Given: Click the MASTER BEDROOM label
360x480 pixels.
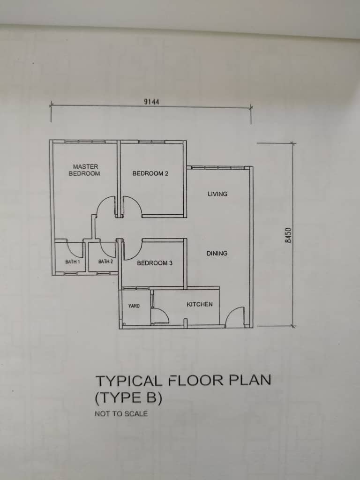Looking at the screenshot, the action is [x=84, y=170].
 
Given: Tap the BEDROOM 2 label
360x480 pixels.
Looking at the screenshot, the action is [x=150, y=173].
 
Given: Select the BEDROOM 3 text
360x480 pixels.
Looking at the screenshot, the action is [x=155, y=263].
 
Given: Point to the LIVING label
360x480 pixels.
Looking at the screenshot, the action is [x=217, y=194].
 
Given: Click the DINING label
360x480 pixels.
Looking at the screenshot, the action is [x=217, y=254].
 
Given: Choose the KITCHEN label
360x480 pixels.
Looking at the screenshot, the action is [x=200, y=304].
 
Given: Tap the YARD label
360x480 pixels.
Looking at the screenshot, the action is [x=134, y=306].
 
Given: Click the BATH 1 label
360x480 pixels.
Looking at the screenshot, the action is [x=73, y=262].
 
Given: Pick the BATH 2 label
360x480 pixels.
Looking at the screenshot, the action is [x=105, y=262].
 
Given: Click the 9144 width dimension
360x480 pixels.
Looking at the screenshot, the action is [x=151, y=102].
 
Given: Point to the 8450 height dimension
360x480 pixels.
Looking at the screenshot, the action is [x=288, y=235].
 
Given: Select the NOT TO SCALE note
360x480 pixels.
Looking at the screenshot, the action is [x=121, y=413].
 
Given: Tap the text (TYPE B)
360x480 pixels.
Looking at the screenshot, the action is [x=128, y=398].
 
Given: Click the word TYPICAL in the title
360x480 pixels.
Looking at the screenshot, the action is [x=129, y=381].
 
